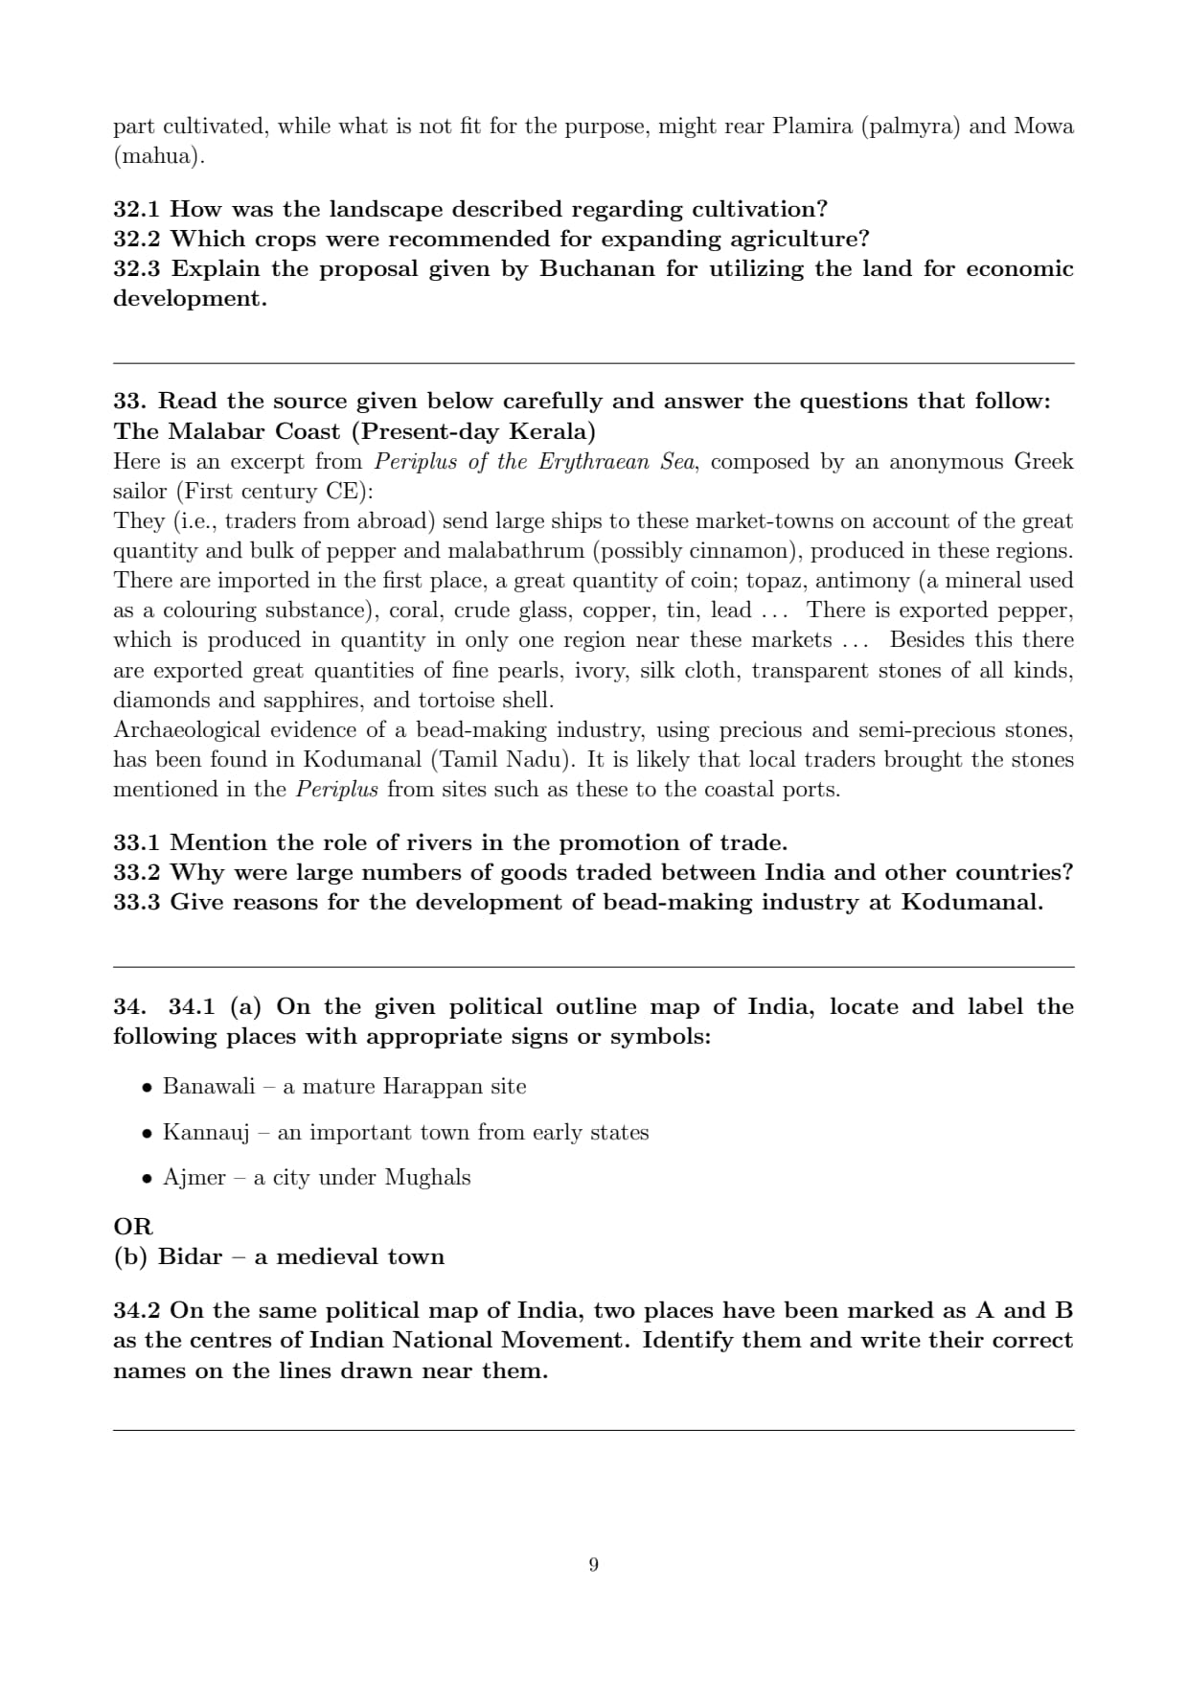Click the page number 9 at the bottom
click(593, 1565)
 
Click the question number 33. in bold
click(130, 401)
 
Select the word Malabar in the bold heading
click(217, 431)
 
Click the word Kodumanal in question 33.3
click(971, 902)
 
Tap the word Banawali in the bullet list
click(209, 1086)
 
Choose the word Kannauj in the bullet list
click(205, 1133)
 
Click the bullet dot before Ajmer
click(147, 1179)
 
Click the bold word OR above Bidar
click(132, 1227)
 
